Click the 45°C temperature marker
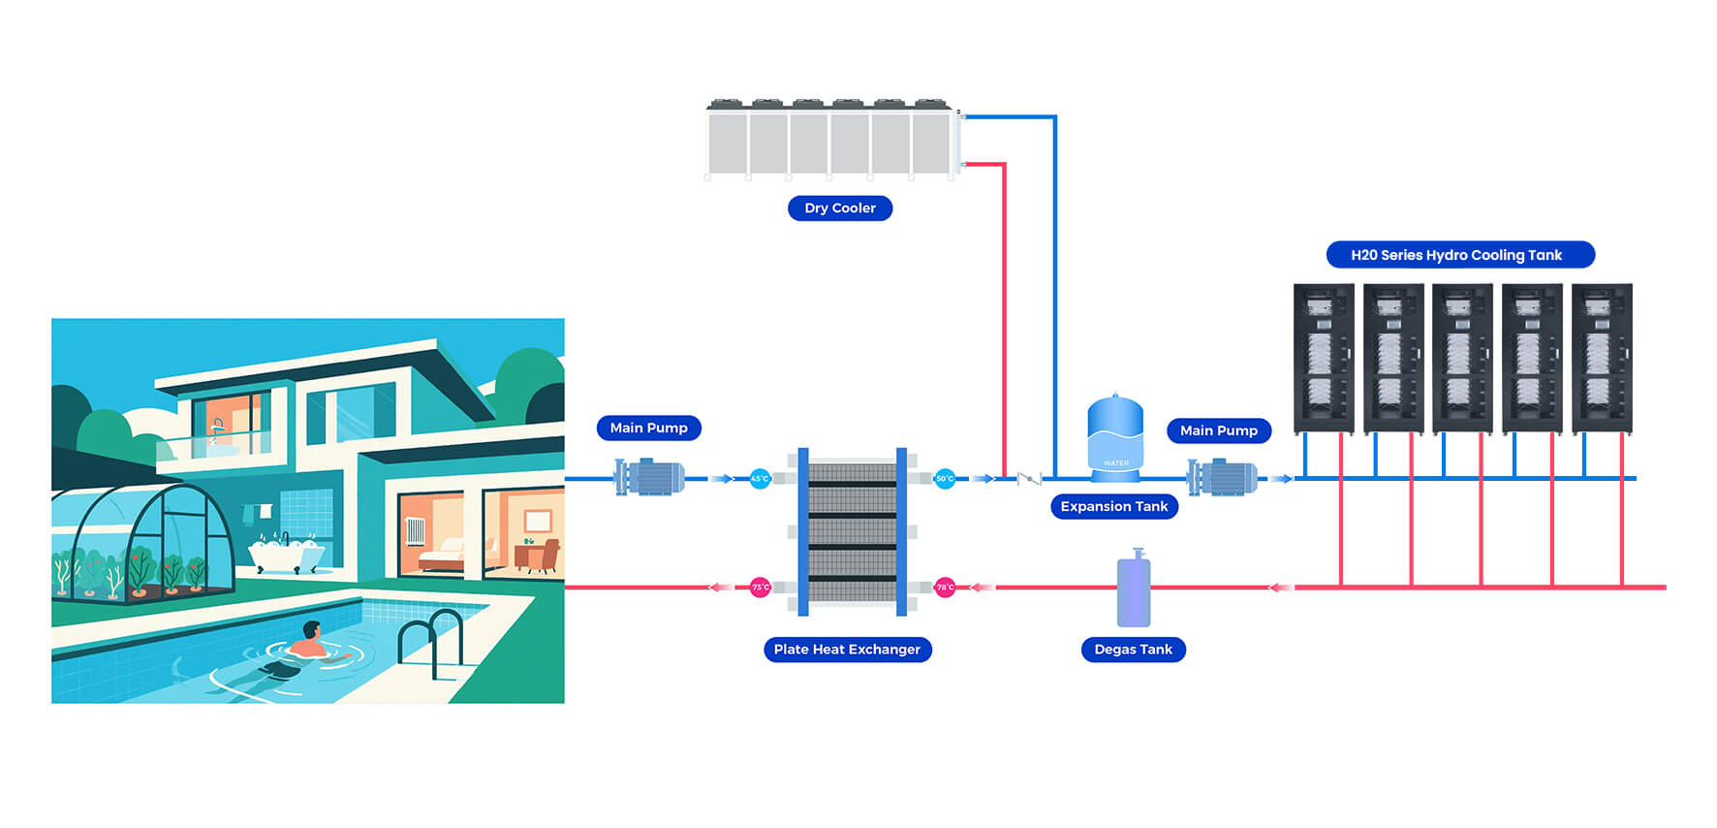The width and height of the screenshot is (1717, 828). pyautogui.click(x=760, y=478)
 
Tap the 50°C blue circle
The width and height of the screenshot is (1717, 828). pyautogui.click(x=945, y=478)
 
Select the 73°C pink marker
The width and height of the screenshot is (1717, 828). pyautogui.click(x=761, y=587)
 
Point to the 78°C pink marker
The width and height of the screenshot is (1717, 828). pyautogui.click(x=945, y=587)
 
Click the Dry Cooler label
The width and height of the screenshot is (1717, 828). pyautogui.click(x=839, y=208)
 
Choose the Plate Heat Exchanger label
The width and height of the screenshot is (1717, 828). pyautogui.click(x=847, y=650)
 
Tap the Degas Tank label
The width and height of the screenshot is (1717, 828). pyautogui.click(x=1133, y=650)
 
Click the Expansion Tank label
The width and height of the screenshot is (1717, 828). pyautogui.click(x=1113, y=506)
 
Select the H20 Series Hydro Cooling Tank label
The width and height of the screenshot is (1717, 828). pyautogui.click(x=1459, y=255)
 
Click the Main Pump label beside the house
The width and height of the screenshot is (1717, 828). pyautogui.click(x=648, y=428)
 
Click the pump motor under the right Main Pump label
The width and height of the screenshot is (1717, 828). pyautogui.click(x=1223, y=477)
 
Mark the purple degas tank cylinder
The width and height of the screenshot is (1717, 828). pyautogui.click(x=1134, y=589)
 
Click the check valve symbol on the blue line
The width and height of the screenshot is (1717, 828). pyautogui.click(x=1028, y=478)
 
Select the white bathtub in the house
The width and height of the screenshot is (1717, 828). pyautogui.click(x=285, y=555)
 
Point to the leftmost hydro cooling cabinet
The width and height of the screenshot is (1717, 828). pyautogui.click(x=1324, y=359)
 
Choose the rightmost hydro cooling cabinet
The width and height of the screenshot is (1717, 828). pyautogui.click(x=1602, y=359)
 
